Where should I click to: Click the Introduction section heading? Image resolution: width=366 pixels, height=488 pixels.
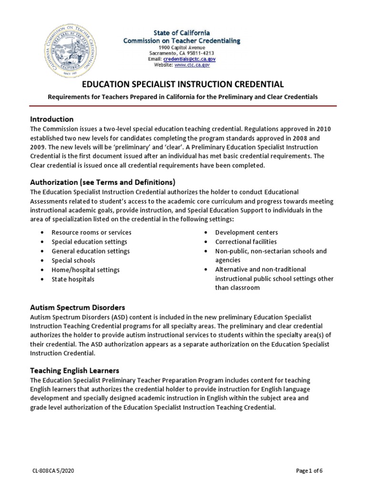(x=52, y=119)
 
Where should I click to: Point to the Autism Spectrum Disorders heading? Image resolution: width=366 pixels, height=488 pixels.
(x=78, y=307)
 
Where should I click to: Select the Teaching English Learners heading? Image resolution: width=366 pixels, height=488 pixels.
(x=75, y=370)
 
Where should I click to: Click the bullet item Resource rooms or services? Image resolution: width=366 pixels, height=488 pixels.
(x=91, y=233)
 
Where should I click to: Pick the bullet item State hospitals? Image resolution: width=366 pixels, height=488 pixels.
(x=73, y=279)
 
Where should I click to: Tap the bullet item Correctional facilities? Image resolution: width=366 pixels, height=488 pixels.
(x=245, y=242)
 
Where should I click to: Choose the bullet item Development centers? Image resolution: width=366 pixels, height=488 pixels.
(x=246, y=233)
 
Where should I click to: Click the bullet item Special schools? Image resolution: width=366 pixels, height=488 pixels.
(x=73, y=261)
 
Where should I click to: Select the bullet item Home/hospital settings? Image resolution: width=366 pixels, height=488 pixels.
(x=86, y=270)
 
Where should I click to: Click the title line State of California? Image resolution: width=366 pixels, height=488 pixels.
(x=181, y=33)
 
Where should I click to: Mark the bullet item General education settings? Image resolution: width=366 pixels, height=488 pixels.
(x=91, y=251)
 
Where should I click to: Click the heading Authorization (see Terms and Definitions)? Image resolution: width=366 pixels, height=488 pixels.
(x=103, y=182)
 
